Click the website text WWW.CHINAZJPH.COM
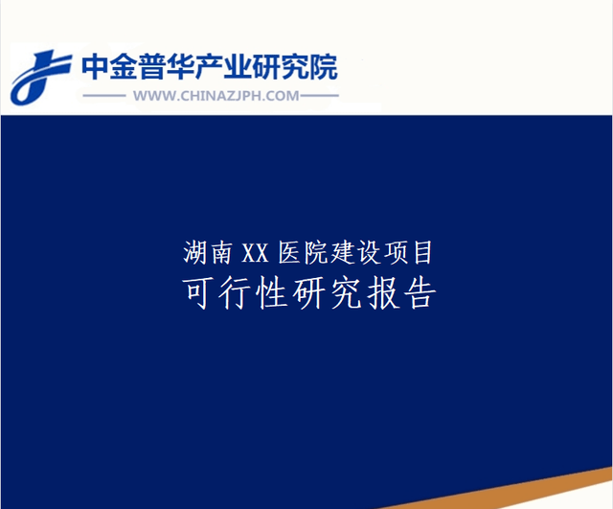(x=216, y=96)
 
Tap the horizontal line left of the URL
(x=104, y=96)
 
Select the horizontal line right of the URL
(x=319, y=96)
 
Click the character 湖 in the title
(x=195, y=253)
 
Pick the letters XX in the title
(x=256, y=253)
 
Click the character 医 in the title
(x=289, y=253)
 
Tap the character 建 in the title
(x=343, y=253)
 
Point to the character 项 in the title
(x=396, y=253)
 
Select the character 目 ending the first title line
(x=422, y=253)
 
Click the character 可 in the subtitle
(x=197, y=293)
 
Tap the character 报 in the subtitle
(x=383, y=293)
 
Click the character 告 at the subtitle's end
(x=420, y=293)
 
